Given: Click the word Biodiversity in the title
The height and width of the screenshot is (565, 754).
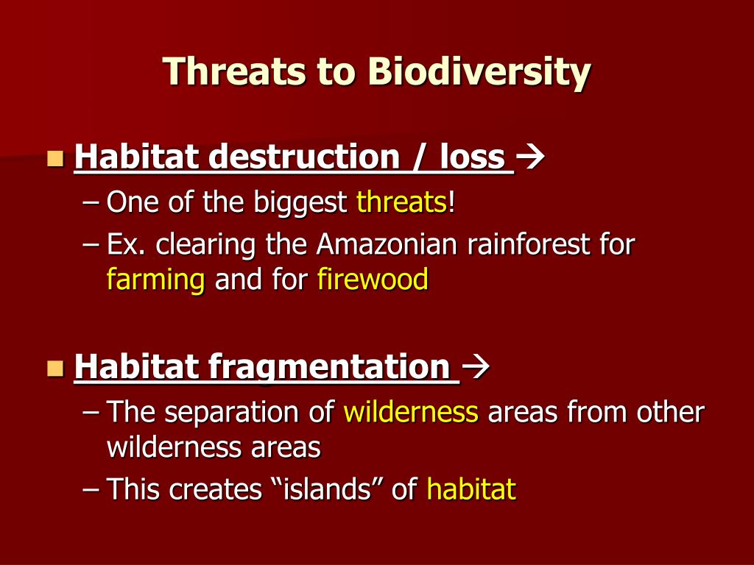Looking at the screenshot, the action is click(479, 72).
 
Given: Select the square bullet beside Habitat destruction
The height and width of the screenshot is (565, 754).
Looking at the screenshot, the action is click(55, 158).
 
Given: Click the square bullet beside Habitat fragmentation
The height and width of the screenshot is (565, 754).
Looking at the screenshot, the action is click(55, 368).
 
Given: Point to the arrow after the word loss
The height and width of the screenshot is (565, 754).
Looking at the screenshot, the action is click(530, 157).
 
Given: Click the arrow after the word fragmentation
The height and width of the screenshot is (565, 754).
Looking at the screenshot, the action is click(475, 366).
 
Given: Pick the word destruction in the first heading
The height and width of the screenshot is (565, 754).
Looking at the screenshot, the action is click(304, 157).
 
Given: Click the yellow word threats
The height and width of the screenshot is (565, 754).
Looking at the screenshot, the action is click(402, 202).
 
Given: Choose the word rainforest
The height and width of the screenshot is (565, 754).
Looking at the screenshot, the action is click(527, 244).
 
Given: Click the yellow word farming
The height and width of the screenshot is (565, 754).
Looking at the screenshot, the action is click(156, 280).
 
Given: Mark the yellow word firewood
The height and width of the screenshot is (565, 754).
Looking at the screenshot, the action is click(373, 279).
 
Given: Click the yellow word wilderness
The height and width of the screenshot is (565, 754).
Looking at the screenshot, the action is click(411, 412).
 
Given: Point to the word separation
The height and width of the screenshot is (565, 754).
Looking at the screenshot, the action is click(230, 413).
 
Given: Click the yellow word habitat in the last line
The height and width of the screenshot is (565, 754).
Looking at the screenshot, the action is click(471, 489).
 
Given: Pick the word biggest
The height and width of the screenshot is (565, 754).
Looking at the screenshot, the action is click(300, 202).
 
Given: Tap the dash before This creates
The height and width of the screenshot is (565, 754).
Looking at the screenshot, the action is click(91, 490).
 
